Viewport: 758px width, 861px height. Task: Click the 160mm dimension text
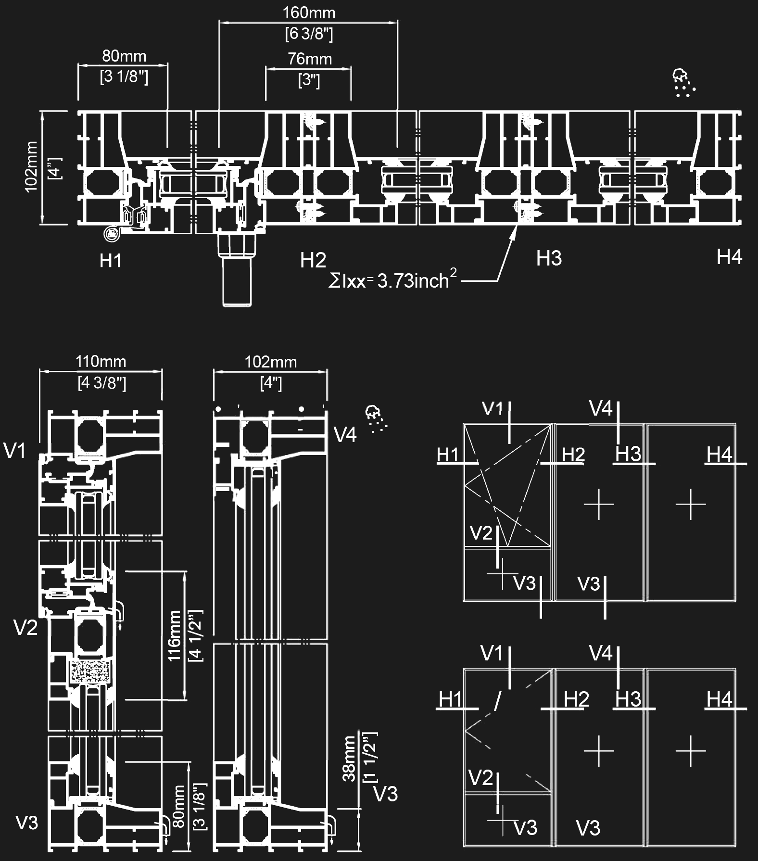[308, 13]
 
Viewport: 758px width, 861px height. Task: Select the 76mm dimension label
[310, 59]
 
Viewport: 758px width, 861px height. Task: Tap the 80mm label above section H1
[124, 56]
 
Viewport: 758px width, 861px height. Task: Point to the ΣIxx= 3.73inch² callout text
[392, 280]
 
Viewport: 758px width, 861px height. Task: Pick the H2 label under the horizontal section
[313, 260]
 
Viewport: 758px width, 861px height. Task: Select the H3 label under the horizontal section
[549, 259]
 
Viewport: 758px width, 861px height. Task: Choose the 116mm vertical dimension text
[175, 635]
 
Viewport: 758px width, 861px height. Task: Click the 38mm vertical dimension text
[350, 760]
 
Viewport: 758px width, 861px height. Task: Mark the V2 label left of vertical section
[26, 628]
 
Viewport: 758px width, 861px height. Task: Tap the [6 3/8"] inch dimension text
[309, 34]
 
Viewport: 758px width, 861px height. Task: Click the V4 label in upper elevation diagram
[601, 409]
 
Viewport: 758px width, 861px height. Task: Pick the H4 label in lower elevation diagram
[720, 699]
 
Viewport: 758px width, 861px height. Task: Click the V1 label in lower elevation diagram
[492, 653]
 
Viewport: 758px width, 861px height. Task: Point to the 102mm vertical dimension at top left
[32, 167]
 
